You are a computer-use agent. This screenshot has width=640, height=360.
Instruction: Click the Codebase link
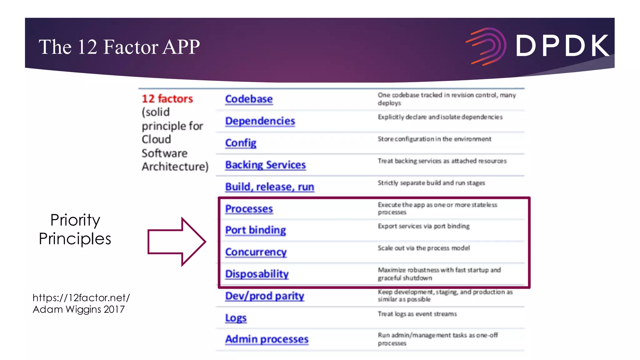pyautogui.click(x=249, y=99)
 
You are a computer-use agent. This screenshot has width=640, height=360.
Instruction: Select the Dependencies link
pyautogui.click(x=260, y=121)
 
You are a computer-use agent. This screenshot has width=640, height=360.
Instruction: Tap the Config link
pyautogui.click(x=241, y=143)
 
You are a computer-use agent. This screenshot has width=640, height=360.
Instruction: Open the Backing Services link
pyautogui.click(x=265, y=165)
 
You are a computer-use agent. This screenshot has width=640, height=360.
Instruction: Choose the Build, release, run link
pyautogui.click(x=270, y=187)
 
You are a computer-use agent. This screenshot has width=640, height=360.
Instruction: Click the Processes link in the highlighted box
pyautogui.click(x=249, y=209)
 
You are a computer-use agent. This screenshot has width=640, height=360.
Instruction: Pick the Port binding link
pyautogui.click(x=256, y=230)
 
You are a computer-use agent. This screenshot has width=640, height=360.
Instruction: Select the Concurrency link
pyautogui.click(x=256, y=252)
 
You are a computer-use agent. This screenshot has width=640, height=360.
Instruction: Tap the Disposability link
pyautogui.click(x=257, y=274)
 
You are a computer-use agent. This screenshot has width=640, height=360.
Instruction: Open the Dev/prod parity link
pyautogui.click(x=265, y=296)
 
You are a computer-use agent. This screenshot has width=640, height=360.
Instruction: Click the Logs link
pyautogui.click(x=236, y=318)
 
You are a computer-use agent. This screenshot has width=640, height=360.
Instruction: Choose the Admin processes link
pyautogui.click(x=267, y=339)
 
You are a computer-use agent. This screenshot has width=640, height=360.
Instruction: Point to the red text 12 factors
pyautogui.click(x=167, y=99)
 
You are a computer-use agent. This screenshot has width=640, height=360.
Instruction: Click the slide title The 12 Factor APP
pyautogui.click(x=119, y=47)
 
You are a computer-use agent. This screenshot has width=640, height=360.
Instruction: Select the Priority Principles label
pyautogui.click(x=75, y=229)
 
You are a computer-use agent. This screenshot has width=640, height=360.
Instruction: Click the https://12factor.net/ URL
pyautogui.click(x=81, y=297)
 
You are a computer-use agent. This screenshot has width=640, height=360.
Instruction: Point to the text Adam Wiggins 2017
pyautogui.click(x=79, y=309)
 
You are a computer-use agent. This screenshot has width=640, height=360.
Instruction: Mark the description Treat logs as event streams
pyautogui.click(x=417, y=314)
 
